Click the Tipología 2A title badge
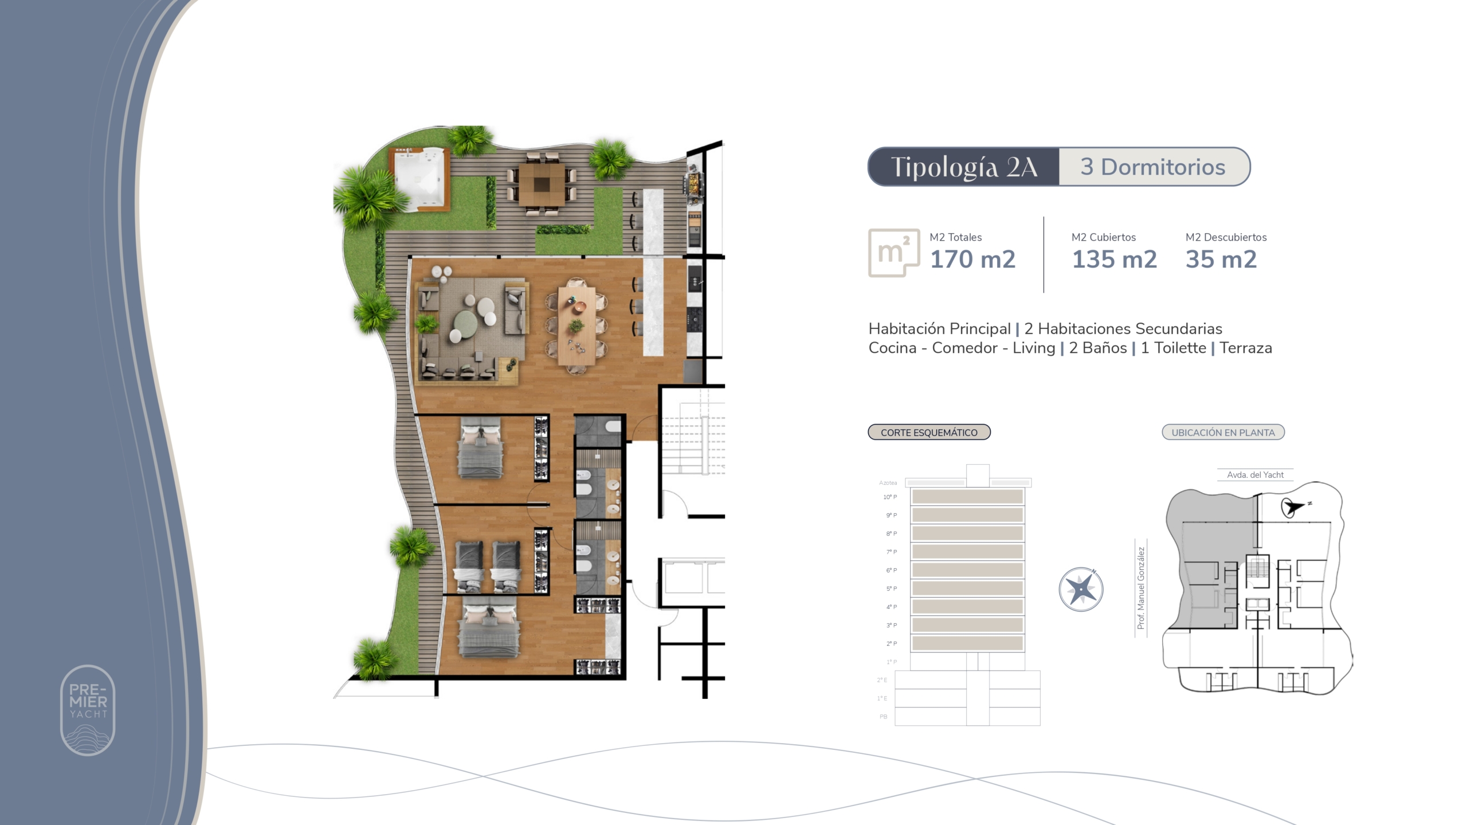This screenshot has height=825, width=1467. [x=964, y=167]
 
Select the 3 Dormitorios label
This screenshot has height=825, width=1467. [x=1153, y=167]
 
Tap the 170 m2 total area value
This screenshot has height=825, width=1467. [x=972, y=260]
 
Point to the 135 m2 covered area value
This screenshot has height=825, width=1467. [x=1115, y=260]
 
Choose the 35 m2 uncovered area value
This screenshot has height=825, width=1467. [x=1221, y=260]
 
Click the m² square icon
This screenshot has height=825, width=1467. [x=894, y=253]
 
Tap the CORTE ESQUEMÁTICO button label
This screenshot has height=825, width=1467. [x=929, y=433]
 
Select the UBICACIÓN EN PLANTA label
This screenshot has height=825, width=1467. [x=1223, y=433]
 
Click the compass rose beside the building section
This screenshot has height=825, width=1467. [x=1081, y=589]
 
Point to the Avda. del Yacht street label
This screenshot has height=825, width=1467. [x=1255, y=475]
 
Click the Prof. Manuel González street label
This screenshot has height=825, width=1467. [x=1141, y=588]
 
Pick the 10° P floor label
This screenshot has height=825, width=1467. [x=890, y=497]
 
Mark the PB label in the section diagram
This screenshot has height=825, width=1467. [x=883, y=717]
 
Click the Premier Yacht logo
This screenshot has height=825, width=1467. [x=88, y=710]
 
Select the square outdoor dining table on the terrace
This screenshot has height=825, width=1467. [x=542, y=184]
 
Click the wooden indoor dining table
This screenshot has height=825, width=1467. [x=576, y=325]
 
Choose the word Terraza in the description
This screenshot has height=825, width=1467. [x=1246, y=348]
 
